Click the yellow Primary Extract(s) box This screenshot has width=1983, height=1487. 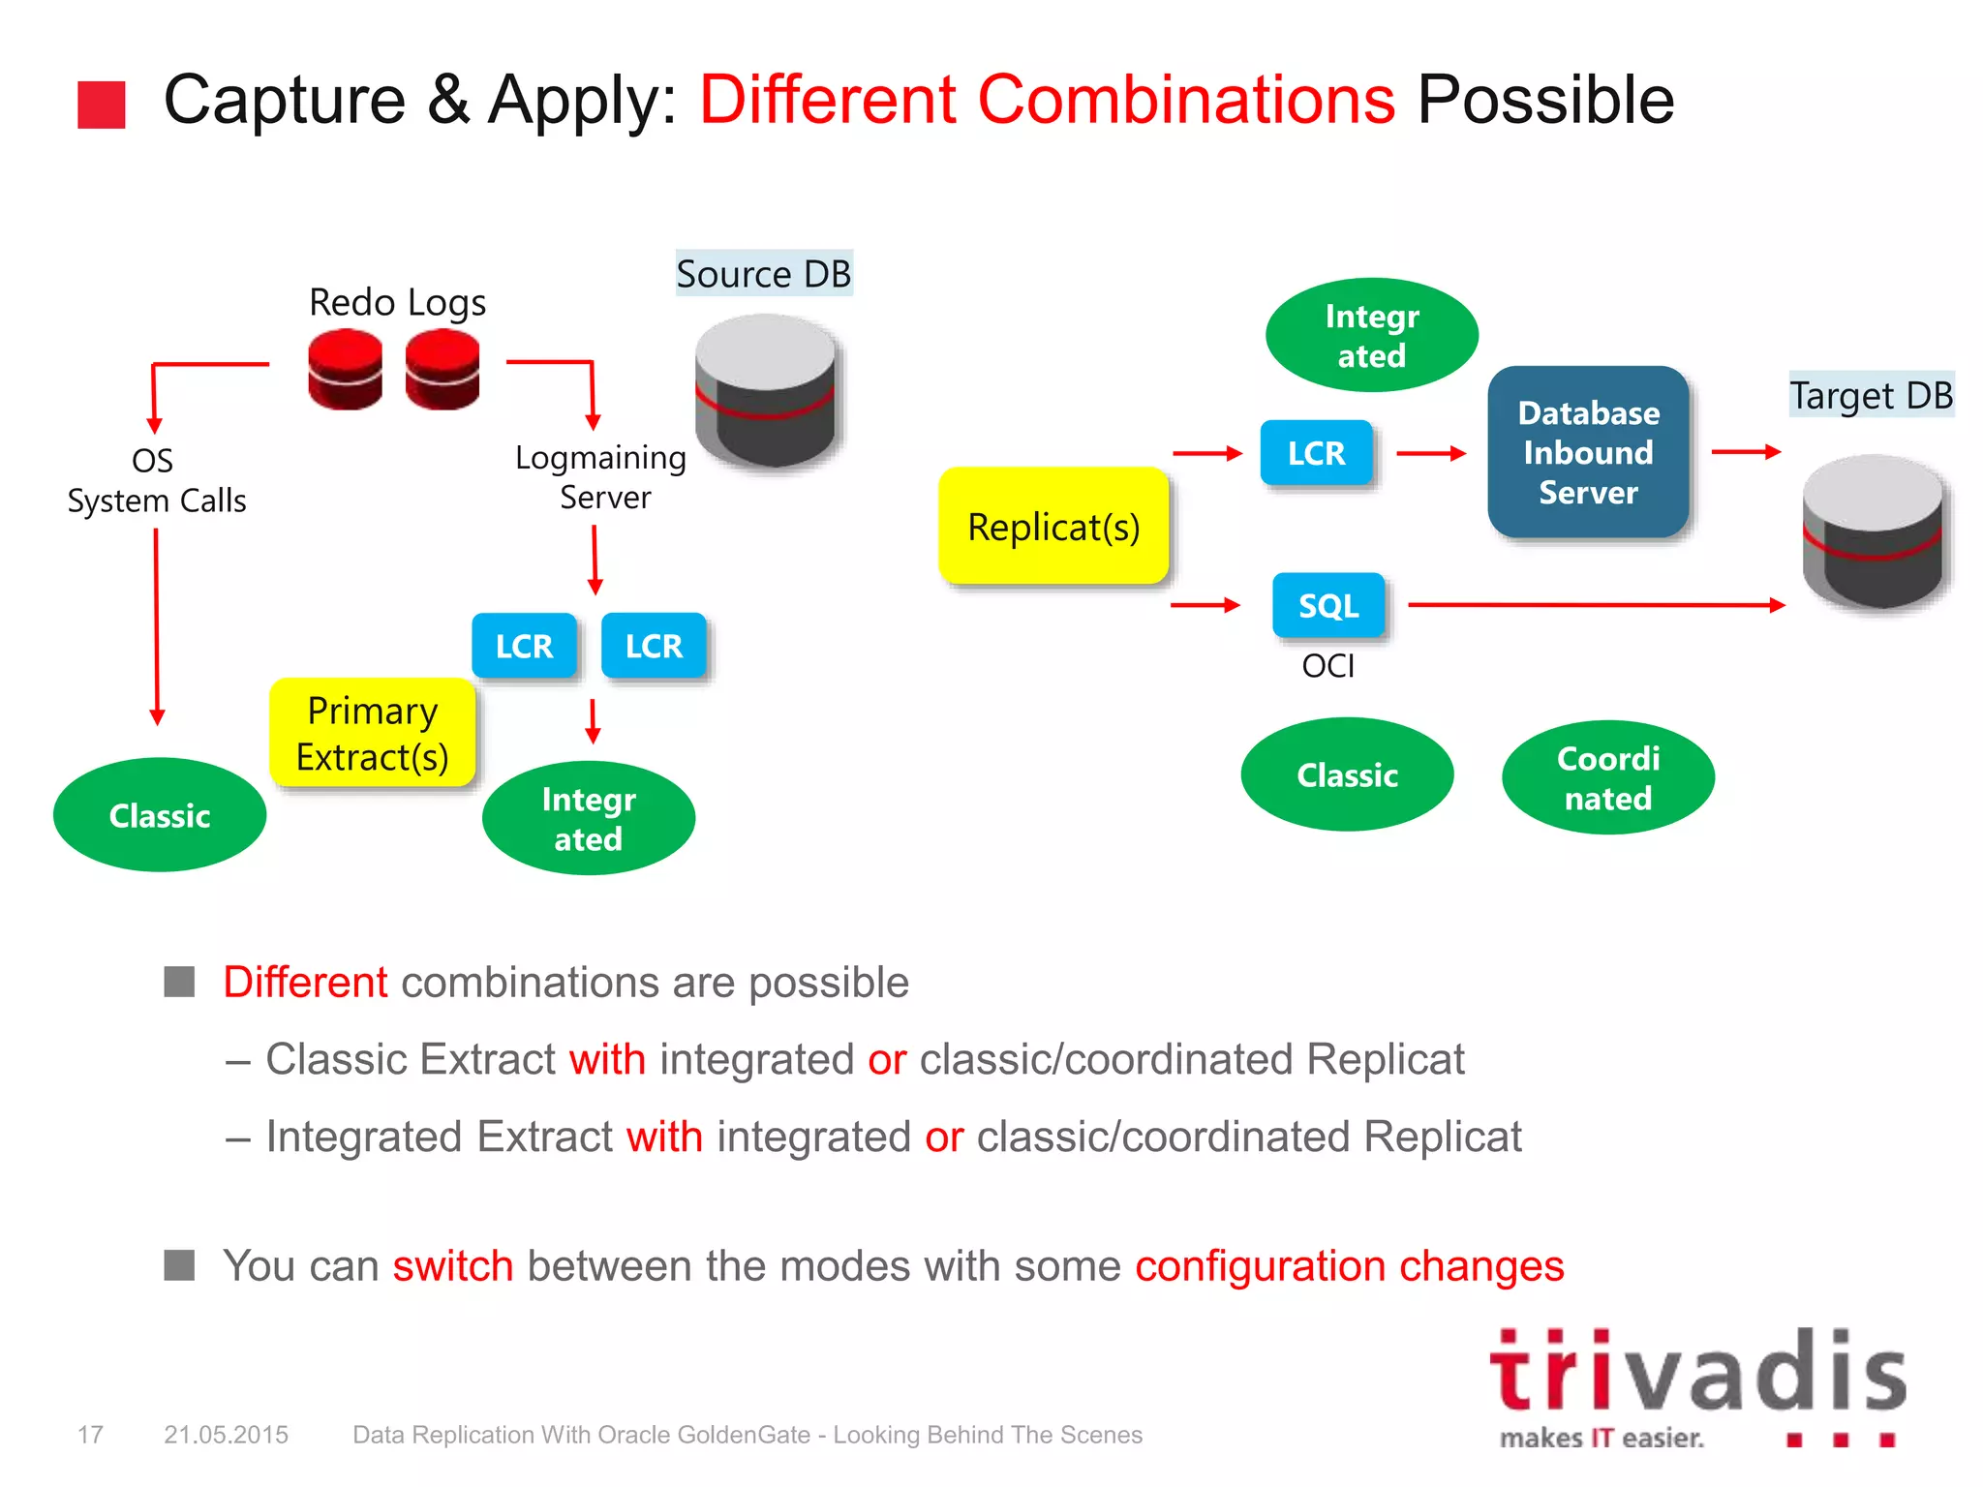click(373, 733)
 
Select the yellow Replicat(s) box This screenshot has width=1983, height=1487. click(1053, 527)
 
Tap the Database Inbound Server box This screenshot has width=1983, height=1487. click(1588, 452)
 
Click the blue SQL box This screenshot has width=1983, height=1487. click(1328, 606)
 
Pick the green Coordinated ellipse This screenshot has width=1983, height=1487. click(1608, 777)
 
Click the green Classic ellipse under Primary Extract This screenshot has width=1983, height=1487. click(160, 815)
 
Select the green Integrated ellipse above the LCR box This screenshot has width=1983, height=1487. click(1371, 336)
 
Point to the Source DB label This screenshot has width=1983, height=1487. click(763, 274)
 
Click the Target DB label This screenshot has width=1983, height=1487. click(1871, 395)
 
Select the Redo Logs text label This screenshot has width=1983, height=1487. click(397, 302)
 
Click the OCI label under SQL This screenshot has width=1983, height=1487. click(1327, 666)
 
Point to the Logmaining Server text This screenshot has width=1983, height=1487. click(601, 477)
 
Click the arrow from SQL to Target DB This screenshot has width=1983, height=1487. click(1588, 605)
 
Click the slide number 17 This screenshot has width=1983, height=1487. click(90, 1435)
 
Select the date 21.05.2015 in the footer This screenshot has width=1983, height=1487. click(226, 1435)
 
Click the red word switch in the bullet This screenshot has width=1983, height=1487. click(452, 1266)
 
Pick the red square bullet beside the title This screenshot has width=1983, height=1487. click(102, 105)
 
